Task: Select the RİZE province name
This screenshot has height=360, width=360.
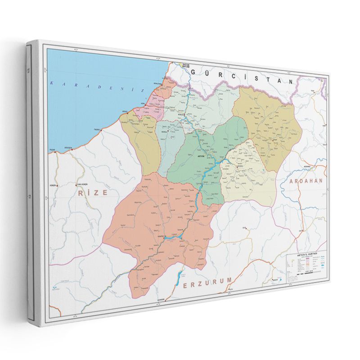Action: [x=93, y=192]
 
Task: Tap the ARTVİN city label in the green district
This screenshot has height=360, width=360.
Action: [x=198, y=155]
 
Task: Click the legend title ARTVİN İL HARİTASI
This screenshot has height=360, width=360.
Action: [x=306, y=256]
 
